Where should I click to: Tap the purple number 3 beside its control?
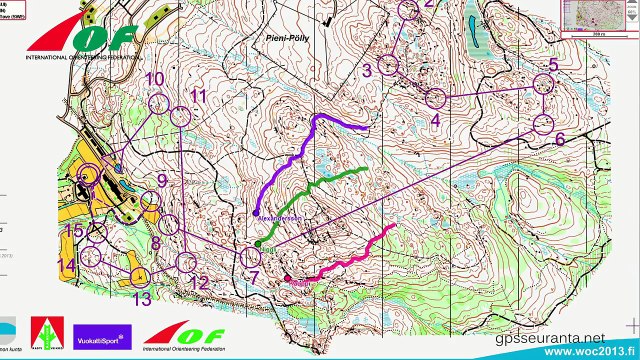(367, 70)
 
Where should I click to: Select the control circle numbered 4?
(435, 98)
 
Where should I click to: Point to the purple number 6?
(560, 139)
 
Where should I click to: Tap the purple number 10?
(155, 79)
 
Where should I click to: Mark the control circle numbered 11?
(179, 117)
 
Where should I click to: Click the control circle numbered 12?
(187, 262)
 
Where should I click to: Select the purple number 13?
(142, 298)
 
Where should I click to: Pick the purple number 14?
(67, 266)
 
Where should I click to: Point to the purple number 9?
(162, 181)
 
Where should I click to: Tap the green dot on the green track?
(257, 243)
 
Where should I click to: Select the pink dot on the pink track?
(287, 278)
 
